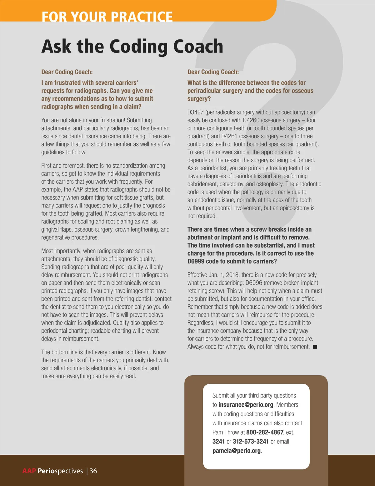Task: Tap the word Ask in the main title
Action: point(57,46)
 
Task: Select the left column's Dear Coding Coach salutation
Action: point(67,72)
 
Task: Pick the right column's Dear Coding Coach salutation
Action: point(213,72)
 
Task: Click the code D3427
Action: point(195,112)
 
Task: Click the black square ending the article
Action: point(315,347)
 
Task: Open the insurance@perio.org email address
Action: point(246,405)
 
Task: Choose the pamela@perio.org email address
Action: point(237,451)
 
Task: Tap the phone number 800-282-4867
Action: point(265,432)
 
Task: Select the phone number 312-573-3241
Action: point(251,442)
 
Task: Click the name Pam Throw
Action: point(226,432)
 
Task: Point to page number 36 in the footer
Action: point(93,471)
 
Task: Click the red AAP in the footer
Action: point(29,471)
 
